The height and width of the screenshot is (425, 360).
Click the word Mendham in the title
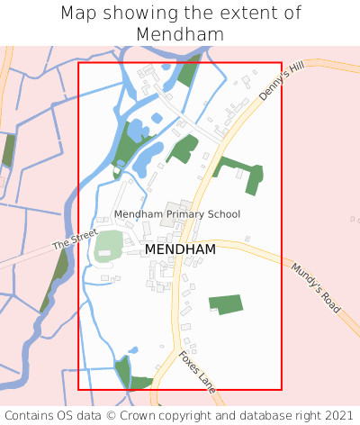(x=180, y=34)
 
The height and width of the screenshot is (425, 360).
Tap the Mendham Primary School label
(x=177, y=214)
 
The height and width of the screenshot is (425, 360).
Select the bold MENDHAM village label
(x=180, y=249)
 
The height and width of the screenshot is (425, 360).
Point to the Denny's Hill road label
(x=282, y=81)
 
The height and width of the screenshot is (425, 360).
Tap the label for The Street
(x=74, y=240)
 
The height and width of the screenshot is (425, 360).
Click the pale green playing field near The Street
(x=109, y=245)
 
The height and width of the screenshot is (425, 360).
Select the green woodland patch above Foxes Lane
(x=226, y=303)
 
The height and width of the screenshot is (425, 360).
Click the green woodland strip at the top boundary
(x=190, y=70)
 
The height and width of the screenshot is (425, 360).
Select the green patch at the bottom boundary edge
(x=125, y=372)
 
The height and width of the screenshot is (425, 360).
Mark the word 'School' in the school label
(x=223, y=214)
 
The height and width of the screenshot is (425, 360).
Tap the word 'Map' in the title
(x=79, y=14)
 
